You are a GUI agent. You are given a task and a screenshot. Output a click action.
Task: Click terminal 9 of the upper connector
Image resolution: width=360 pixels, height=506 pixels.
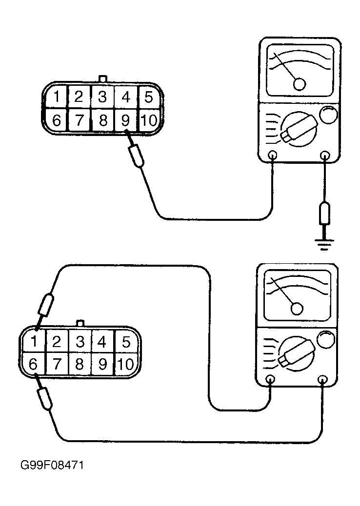pyautogui.click(x=126, y=120)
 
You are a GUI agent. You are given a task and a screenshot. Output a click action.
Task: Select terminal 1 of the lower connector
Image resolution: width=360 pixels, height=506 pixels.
pyautogui.click(x=34, y=341)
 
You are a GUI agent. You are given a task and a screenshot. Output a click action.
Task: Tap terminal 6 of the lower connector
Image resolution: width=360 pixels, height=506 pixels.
pyautogui.click(x=34, y=364)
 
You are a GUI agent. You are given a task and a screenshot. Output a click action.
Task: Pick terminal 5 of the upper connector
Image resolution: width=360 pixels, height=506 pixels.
pyautogui.click(x=148, y=97)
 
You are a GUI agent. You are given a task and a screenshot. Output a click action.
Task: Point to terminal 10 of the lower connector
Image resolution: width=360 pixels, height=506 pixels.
pyautogui.click(x=126, y=364)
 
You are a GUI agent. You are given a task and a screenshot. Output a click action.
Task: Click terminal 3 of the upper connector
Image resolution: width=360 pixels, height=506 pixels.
pyautogui.click(x=102, y=97)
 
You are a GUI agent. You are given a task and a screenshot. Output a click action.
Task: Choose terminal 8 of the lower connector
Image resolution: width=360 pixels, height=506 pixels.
pyautogui.click(x=80, y=364)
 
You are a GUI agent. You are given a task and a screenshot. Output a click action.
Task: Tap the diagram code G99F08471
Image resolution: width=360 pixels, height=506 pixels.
pyautogui.click(x=52, y=465)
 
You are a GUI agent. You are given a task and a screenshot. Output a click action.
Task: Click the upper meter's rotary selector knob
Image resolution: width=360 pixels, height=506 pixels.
pyautogui.click(x=299, y=129)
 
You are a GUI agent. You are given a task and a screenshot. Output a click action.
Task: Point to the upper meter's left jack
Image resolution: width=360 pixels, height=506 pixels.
pyautogui.click(x=273, y=156)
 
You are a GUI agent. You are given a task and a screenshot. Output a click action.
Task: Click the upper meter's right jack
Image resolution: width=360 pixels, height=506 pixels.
pyautogui.click(x=325, y=156)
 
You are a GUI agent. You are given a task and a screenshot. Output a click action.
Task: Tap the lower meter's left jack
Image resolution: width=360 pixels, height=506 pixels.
pyautogui.click(x=271, y=379)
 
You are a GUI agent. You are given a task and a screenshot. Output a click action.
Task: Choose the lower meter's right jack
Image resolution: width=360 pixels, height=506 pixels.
pyautogui.click(x=322, y=379)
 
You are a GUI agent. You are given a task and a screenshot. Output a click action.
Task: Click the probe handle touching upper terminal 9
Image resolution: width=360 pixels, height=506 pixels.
pyautogui.click(x=136, y=156)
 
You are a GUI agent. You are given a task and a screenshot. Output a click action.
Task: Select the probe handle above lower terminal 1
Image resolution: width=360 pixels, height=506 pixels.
pyautogui.click(x=46, y=304)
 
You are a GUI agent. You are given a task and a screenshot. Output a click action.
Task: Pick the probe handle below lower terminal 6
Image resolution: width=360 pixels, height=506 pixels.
pyautogui.click(x=45, y=399)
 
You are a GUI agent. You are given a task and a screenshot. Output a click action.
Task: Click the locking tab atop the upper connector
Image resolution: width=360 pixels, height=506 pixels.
pyautogui.click(x=102, y=79)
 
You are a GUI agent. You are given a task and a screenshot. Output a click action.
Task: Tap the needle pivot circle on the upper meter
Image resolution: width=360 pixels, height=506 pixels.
pyautogui.click(x=300, y=84)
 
